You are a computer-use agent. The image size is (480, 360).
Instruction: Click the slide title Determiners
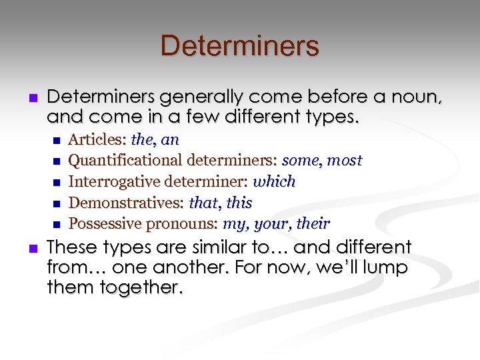point(239,46)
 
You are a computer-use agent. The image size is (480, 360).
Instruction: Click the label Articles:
point(98,140)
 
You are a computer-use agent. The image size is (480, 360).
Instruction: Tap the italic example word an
point(170,140)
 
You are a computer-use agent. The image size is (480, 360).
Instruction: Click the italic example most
point(345,161)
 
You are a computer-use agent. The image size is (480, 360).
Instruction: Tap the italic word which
point(274,181)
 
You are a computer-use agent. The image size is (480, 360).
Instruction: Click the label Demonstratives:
point(127,202)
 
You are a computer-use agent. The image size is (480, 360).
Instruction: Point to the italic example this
point(239,202)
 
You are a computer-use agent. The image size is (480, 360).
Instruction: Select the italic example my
point(233,223)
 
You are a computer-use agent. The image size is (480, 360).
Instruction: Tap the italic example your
point(267,223)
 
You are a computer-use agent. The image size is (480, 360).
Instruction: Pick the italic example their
point(312,223)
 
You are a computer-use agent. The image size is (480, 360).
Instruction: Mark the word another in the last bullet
point(140,268)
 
